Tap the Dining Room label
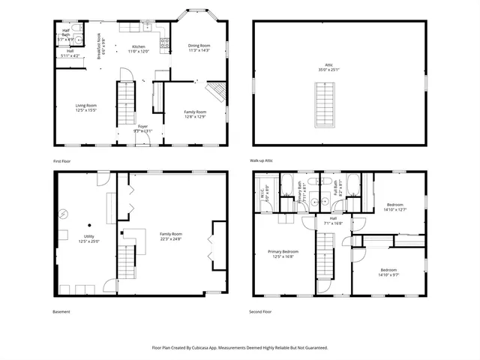(x=199, y=48)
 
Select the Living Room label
(x=85, y=108)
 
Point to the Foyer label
(x=142, y=129)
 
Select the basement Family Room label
(x=171, y=236)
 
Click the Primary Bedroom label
(x=284, y=253)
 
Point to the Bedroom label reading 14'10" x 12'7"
(x=394, y=207)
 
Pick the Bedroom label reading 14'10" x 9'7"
(x=388, y=271)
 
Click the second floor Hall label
(x=332, y=220)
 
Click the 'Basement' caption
(x=62, y=311)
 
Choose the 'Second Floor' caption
(x=261, y=311)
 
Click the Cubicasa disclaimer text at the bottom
(x=239, y=347)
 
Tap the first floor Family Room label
(x=195, y=114)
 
